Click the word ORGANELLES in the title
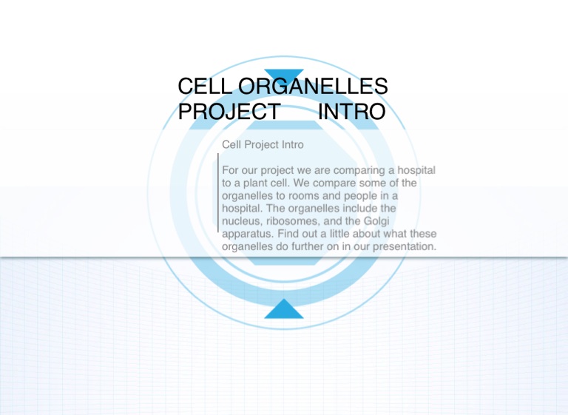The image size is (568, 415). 313,87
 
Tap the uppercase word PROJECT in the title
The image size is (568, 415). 229,111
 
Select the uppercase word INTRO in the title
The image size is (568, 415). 352,111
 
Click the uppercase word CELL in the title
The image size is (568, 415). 205,87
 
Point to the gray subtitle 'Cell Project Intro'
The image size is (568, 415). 263,144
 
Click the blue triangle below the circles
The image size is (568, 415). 284,308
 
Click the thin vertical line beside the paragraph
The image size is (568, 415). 218,193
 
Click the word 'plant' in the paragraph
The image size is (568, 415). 255,183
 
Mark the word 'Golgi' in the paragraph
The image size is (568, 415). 376,221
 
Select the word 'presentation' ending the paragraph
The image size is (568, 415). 405,247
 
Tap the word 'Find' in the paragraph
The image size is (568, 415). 288,234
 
